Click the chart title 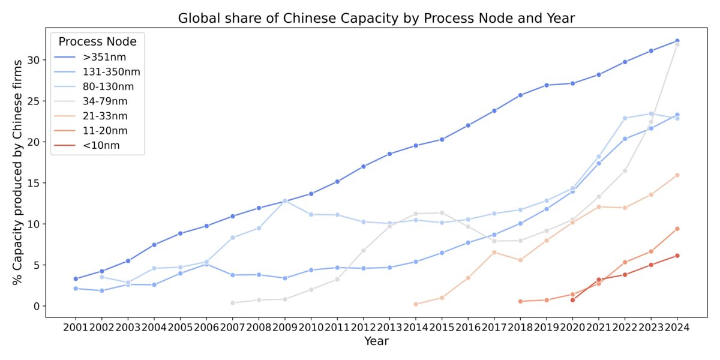[376, 18]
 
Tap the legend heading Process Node [97, 41]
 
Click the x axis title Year [376, 341]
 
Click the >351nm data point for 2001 [76, 279]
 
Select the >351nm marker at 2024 [677, 41]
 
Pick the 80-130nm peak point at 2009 [284, 201]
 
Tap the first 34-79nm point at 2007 [232, 303]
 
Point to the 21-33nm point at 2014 [415, 304]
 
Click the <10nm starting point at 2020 [572, 300]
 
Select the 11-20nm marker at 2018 [520, 301]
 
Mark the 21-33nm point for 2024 [677, 175]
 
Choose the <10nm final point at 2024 [677, 256]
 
